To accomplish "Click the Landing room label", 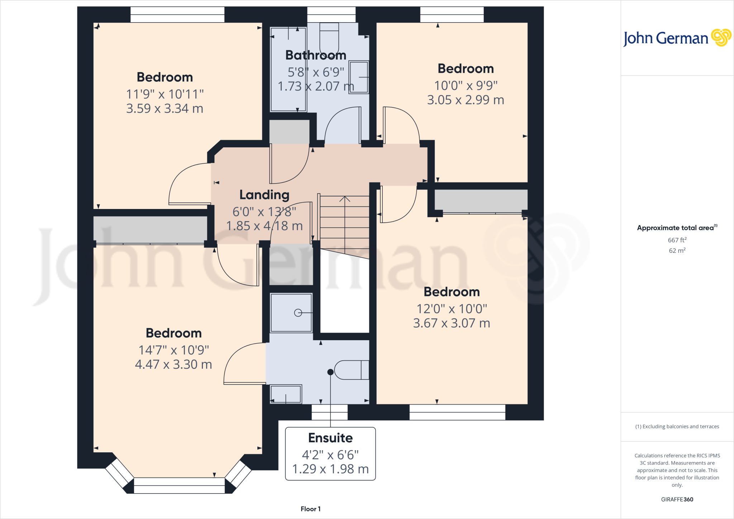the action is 264,195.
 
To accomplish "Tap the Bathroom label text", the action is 316,55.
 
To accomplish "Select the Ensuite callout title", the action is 330,438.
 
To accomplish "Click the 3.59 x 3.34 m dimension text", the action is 165,108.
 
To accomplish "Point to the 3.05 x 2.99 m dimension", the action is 466,100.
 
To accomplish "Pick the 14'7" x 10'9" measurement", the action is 174,350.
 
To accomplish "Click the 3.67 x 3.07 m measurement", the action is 452,323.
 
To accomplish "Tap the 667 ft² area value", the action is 677,240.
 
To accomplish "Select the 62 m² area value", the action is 677,250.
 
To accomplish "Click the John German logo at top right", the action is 677,38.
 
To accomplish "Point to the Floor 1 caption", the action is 311,509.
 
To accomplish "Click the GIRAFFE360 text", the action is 677,499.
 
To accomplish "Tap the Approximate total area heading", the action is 677,228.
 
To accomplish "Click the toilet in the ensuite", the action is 352,370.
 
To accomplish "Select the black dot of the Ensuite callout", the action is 330,372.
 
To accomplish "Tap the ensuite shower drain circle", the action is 298,313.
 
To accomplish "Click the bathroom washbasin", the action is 359,77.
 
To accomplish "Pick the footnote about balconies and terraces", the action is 677,427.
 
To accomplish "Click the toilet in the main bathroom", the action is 329,38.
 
